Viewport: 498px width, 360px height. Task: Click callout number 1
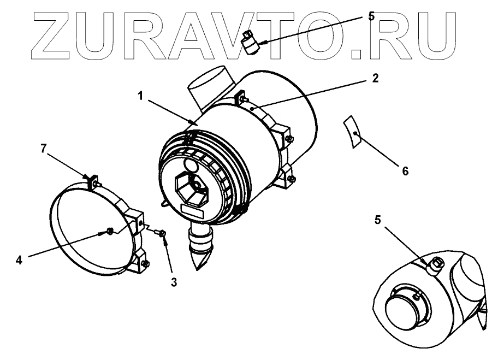point(140,96)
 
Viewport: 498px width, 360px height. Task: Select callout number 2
point(376,79)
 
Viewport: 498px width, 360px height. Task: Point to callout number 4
point(19,261)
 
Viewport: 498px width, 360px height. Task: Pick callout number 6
point(405,171)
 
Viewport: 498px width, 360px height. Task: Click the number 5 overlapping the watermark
point(371,16)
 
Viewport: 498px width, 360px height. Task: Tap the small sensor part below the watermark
point(251,42)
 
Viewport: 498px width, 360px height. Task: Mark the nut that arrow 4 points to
point(109,232)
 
